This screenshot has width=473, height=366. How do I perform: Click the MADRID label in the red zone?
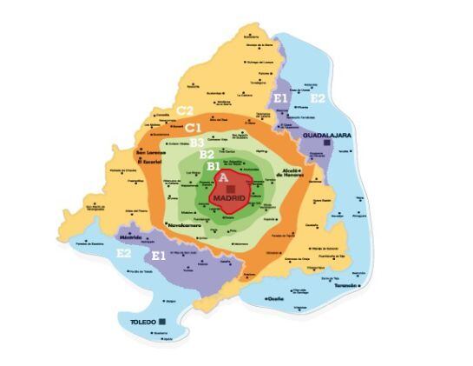[x=229, y=198]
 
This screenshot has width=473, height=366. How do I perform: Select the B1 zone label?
[x=213, y=163]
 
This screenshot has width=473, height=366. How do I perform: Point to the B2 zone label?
[x=207, y=154]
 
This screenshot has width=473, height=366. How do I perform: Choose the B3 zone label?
[x=197, y=142]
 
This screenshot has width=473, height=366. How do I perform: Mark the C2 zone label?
[x=184, y=110]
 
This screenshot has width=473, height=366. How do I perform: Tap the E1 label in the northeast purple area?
[x=280, y=99]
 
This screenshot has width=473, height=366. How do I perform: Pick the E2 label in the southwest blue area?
[x=124, y=253]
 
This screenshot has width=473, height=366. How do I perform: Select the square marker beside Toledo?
[x=161, y=322]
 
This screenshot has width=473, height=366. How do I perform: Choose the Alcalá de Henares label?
[x=288, y=174]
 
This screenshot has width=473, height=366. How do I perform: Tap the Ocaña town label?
[x=274, y=298]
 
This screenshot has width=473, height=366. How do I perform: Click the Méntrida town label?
[x=130, y=235]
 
